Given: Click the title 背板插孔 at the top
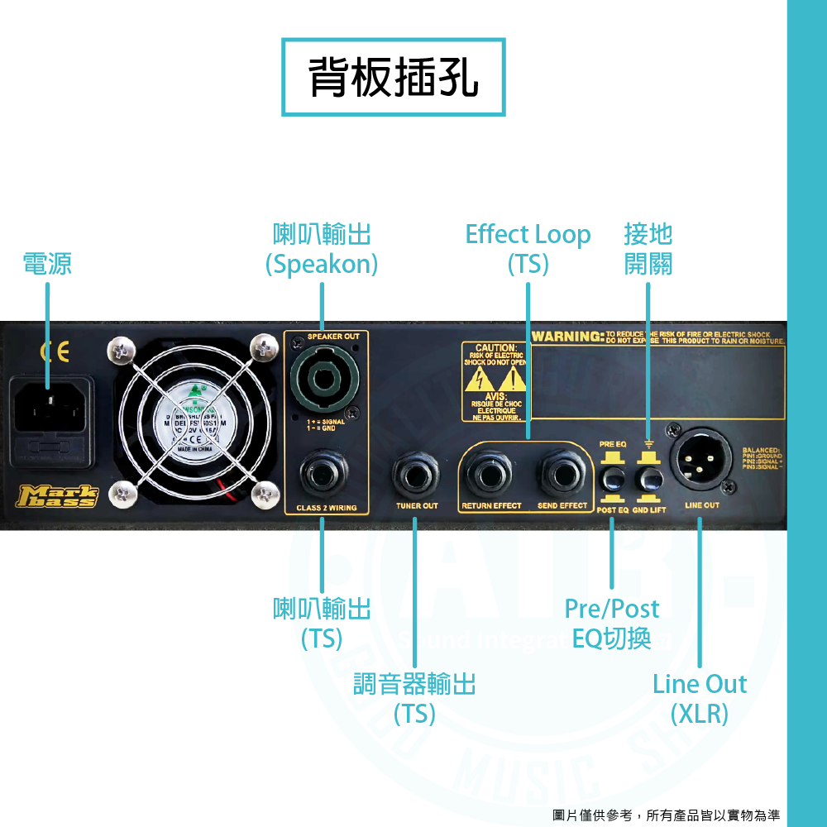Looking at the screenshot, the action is point(393,77).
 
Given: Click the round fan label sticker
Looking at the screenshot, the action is point(195,424).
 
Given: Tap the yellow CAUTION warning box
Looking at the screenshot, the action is point(495,382).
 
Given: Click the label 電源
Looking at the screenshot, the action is point(47,264).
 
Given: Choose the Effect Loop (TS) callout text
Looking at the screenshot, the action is point(528,249).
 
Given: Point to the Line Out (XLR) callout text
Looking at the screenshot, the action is point(699,698).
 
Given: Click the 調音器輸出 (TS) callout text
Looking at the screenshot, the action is point(414,698).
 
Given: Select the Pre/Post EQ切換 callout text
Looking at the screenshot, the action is point(611,623).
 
